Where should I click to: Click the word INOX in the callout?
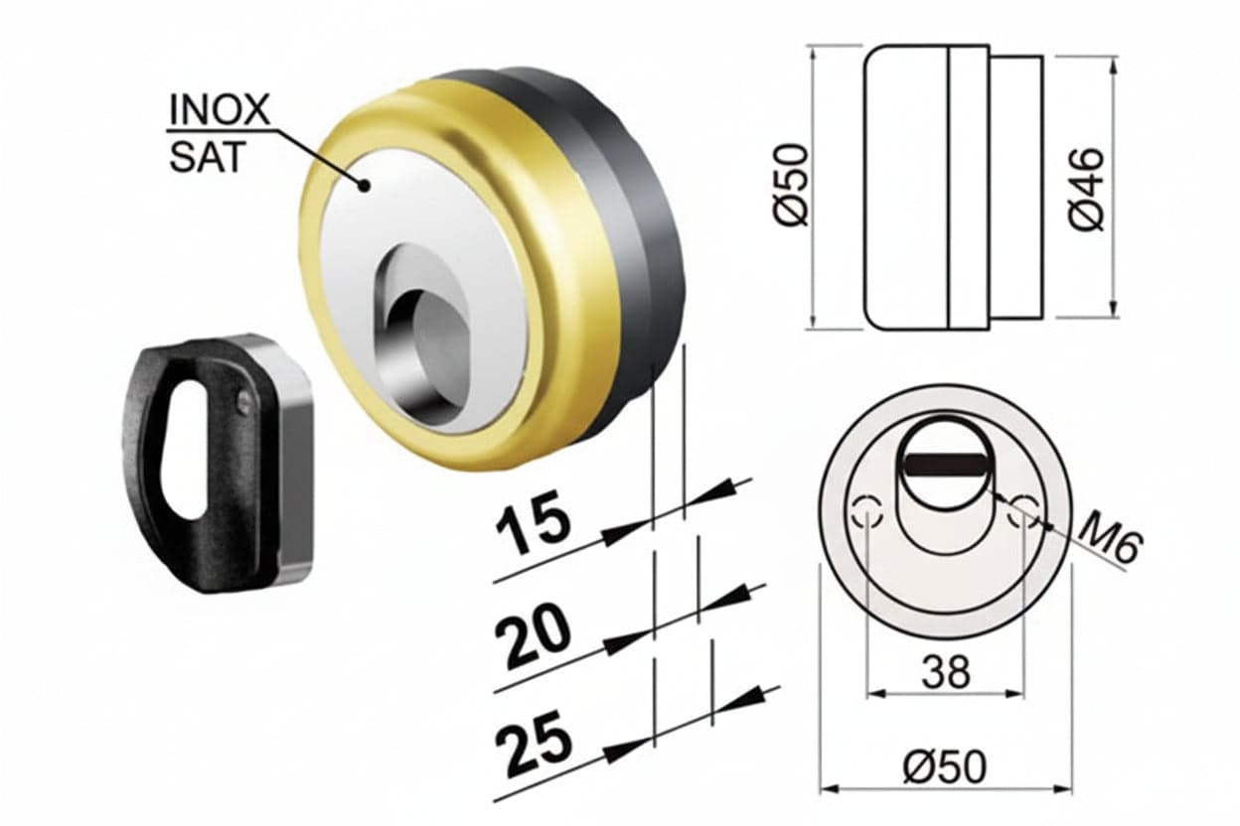pos(220,109)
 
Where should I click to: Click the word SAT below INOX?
pos(207,157)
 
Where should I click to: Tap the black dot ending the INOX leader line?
pos(364,186)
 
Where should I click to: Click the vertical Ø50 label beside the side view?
pos(791,186)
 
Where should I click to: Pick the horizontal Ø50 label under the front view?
pos(944,767)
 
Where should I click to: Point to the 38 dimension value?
pos(946,672)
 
